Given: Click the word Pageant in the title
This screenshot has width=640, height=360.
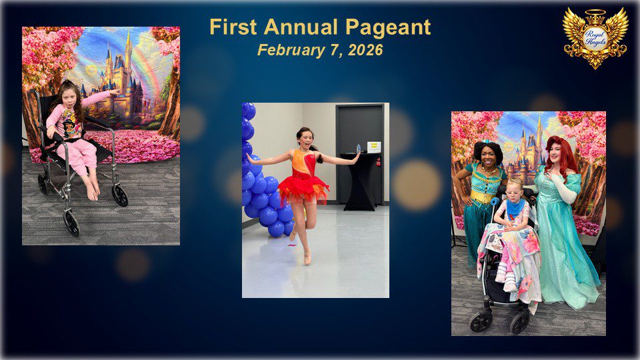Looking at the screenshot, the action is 388,28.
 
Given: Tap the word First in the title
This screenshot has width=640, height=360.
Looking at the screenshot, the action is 233,27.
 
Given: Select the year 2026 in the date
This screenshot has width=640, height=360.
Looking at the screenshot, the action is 365,50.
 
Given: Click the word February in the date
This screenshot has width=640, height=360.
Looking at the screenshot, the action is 291,50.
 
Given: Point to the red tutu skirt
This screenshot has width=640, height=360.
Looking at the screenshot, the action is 303,190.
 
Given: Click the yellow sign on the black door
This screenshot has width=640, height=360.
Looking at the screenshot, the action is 373,147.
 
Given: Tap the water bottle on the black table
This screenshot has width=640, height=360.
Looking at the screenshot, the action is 358,149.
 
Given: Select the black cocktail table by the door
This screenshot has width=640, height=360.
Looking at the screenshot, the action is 359,181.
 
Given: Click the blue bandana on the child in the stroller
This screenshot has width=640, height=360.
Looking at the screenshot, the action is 515,207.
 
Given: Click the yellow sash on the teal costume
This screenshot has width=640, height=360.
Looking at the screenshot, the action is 483,196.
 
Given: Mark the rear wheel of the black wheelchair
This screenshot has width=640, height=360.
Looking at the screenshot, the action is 119,195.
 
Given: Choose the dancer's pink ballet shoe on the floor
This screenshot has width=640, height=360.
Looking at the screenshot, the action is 307,257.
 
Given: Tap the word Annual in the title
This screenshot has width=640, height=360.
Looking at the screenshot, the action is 301,27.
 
